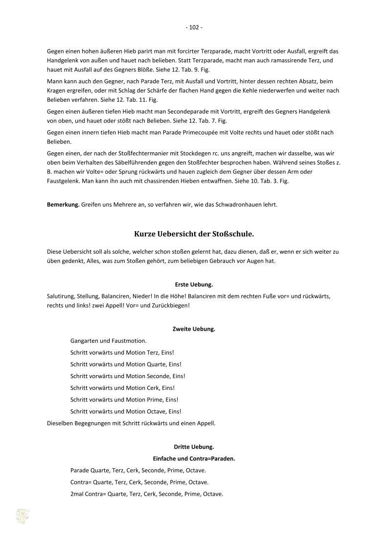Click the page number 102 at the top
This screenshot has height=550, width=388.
point(194,27)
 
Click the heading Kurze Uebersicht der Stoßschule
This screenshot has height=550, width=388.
point(194,234)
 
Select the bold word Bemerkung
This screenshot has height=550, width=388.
point(63,205)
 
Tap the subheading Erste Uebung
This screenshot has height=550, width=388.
point(194,285)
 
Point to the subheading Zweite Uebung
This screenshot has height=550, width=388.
point(194,329)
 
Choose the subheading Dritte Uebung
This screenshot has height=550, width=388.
point(194,447)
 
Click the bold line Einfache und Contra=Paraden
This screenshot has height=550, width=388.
point(194,458)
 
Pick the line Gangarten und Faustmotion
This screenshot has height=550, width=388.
point(108,341)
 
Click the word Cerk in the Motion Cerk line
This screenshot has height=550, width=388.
point(153,388)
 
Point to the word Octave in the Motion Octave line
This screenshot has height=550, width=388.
point(157,411)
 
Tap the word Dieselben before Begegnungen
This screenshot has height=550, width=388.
point(61,423)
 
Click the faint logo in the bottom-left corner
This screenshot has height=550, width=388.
point(23,516)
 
